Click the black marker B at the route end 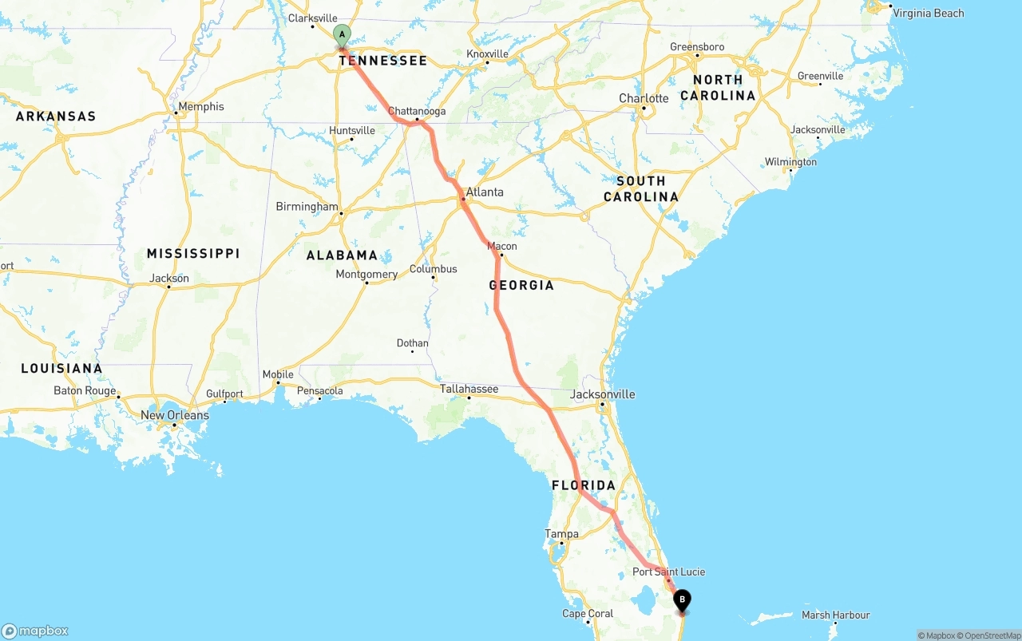682,599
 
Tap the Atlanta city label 485,192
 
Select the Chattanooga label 417,111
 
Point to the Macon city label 502,246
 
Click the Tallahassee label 469,389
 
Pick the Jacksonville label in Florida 603,394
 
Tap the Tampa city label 561,533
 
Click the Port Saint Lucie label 668,572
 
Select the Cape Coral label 588,614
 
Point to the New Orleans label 174,415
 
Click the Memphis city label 201,106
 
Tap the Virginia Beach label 928,13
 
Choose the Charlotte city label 644,98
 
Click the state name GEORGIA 521,285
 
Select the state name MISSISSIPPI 192,253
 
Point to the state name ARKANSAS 56,116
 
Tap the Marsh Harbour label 835,615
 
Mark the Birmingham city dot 341,213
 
